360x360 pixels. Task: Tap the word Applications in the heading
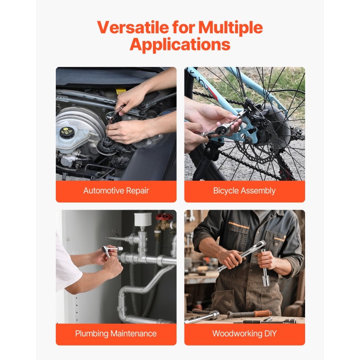point(180,45)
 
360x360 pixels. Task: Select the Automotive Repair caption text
point(116,191)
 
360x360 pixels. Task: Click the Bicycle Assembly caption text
point(244,191)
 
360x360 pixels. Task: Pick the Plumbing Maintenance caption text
point(116,333)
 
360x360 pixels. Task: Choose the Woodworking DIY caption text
point(244,333)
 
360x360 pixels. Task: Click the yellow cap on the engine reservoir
point(66,132)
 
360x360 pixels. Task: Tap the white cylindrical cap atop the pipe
point(143,219)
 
